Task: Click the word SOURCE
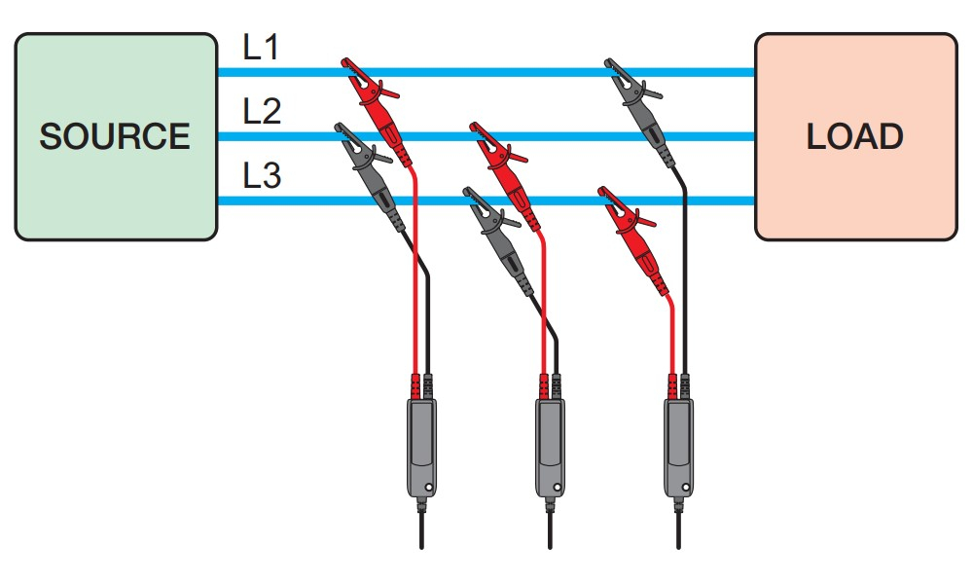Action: click(x=115, y=136)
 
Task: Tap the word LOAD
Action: click(x=855, y=136)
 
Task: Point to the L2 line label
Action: click(x=261, y=113)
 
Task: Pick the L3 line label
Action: click(x=261, y=177)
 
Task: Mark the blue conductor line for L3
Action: click(x=292, y=201)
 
